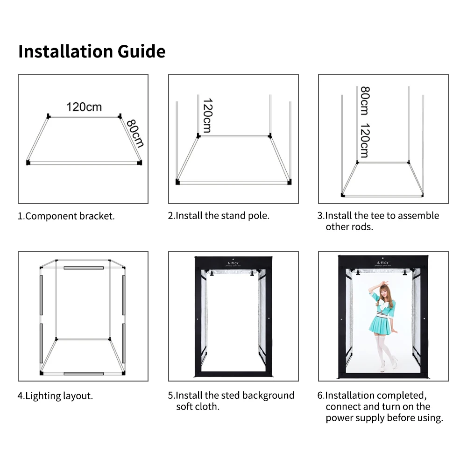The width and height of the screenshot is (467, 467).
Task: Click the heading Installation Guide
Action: click(92, 51)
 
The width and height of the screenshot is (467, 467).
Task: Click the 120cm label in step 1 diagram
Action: click(84, 107)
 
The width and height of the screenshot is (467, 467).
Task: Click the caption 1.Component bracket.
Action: click(66, 216)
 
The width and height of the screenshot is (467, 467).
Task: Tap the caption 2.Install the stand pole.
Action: click(219, 216)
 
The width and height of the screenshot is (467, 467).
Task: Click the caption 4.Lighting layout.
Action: click(56, 396)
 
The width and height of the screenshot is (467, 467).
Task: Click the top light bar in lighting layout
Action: click(84, 268)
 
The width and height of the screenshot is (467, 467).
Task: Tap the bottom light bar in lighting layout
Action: click(84, 374)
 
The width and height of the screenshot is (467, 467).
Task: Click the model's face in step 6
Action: click(381, 293)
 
